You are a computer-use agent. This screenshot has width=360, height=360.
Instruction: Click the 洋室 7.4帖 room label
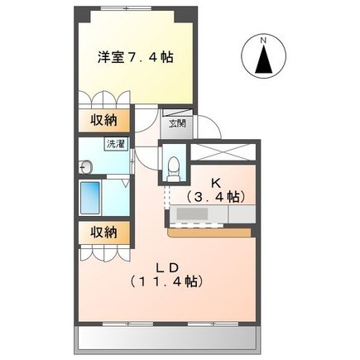136,58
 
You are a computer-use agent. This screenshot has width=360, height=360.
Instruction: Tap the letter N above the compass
263,40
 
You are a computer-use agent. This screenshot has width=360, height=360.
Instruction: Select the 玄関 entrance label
177,123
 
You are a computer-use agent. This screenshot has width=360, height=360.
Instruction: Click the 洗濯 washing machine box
116,144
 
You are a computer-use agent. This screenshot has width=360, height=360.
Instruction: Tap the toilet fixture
174,169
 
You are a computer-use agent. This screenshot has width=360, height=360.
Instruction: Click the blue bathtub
89,198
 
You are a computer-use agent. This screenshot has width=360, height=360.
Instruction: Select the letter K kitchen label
215,182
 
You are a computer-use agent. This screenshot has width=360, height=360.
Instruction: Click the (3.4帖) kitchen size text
215,196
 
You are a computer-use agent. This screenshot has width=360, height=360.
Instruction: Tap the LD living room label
168,267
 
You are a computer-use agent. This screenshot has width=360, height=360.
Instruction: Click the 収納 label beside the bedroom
103,120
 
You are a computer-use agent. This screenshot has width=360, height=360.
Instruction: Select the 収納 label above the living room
103,233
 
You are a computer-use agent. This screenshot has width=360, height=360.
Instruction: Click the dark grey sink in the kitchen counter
192,214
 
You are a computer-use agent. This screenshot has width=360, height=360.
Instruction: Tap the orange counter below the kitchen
209,233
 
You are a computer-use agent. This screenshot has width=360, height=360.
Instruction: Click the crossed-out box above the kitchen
223,151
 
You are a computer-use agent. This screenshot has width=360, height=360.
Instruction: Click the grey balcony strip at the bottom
167,338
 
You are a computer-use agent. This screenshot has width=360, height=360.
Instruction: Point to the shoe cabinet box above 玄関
177,113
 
